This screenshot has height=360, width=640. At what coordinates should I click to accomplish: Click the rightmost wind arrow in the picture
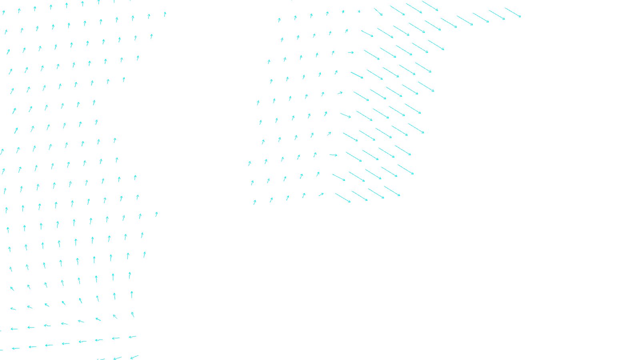[513, 12]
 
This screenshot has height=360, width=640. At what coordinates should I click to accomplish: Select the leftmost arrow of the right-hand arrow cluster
[250, 163]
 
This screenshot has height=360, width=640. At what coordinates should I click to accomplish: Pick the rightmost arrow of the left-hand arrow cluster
[165, 14]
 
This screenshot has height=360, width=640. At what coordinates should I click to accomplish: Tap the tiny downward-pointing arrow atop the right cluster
[359, 11]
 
